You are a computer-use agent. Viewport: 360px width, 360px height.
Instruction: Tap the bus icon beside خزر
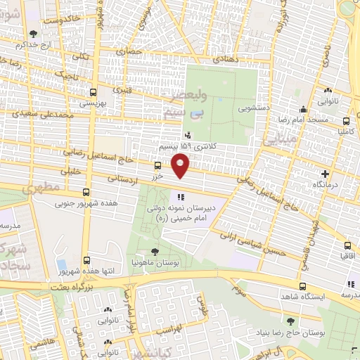(157, 166)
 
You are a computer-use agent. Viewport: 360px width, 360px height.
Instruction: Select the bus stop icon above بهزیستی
(93, 92)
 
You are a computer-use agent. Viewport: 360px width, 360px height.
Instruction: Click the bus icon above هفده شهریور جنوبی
(86, 192)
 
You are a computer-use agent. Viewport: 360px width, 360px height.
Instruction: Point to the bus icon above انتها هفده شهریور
(86, 259)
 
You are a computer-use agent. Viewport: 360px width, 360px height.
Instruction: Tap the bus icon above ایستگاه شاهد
(302, 286)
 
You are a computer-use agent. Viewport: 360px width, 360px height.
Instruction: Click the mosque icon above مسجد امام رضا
(302, 109)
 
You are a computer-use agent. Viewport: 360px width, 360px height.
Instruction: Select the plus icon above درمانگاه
(324, 174)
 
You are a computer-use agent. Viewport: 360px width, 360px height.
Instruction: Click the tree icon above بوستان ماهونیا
(155, 250)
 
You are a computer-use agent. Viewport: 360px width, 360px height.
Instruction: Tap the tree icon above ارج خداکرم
(33, 33)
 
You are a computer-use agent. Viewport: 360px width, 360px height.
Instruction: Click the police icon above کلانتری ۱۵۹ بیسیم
(186, 135)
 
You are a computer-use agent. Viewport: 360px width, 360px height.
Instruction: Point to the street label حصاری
(133, 51)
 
